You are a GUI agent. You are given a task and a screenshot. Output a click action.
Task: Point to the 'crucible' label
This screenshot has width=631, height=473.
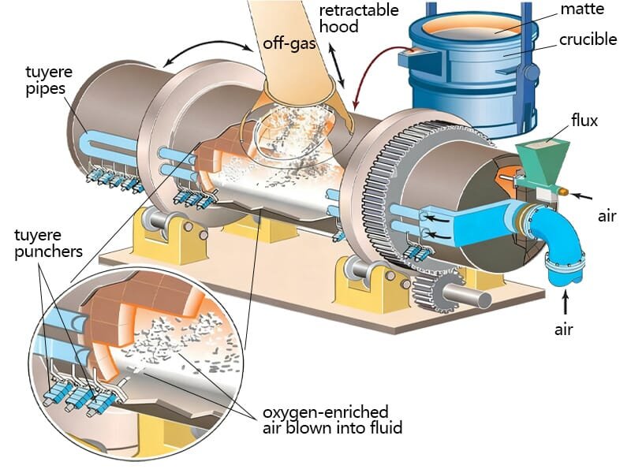click(x=588, y=39)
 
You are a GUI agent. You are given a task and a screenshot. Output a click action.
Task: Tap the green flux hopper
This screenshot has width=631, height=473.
click(x=542, y=158)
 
